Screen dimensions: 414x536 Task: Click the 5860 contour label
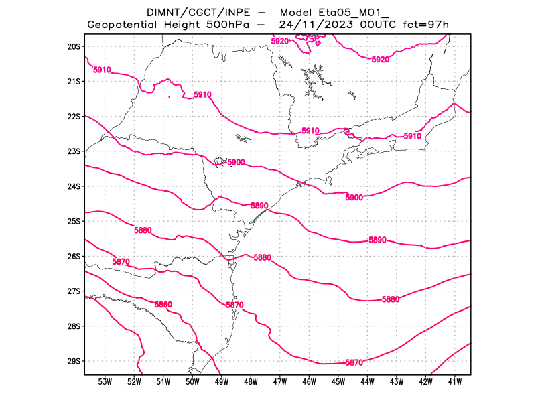click(163, 305)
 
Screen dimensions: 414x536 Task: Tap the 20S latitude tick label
click(74, 46)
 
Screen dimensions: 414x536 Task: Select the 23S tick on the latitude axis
click(74, 151)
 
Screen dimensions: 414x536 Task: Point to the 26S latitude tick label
click(74, 256)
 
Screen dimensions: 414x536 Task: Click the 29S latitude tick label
click(74, 361)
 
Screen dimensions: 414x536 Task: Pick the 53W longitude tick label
click(105, 382)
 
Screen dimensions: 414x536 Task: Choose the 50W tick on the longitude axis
click(192, 382)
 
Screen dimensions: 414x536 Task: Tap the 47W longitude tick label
click(280, 382)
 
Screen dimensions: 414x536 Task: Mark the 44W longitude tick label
click(367, 382)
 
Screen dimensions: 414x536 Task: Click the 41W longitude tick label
click(454, 382)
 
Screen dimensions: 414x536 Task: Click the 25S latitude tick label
click(74, 221)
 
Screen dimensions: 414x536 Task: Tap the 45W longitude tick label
click(338, 382)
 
